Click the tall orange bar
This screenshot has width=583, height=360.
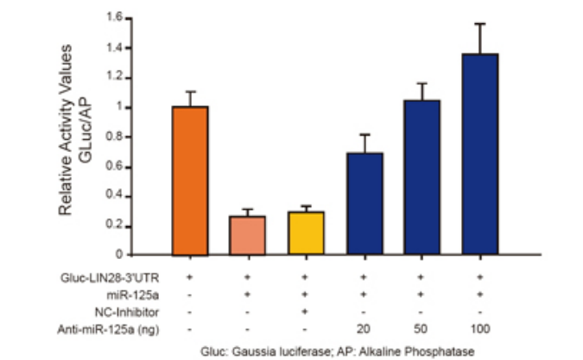tap(191, 181)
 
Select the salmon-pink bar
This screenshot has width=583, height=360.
tap(247, 236)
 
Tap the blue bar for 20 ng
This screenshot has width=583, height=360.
tap(364, 205)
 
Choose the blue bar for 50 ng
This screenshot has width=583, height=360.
tap(422, 178)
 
